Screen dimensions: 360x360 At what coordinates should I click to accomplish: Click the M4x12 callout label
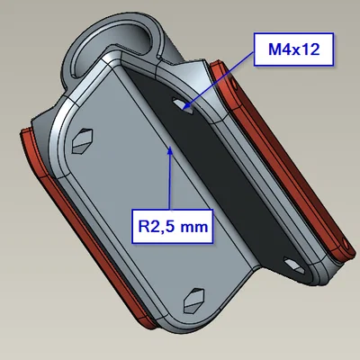[293, 49]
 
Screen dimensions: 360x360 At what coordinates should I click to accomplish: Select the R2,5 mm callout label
[173, 226]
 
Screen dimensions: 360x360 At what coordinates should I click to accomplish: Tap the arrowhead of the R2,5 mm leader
[170, 149]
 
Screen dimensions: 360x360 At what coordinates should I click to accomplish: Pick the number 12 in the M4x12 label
[310, 49]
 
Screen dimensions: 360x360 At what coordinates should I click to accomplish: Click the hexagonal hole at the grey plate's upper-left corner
[82, 141]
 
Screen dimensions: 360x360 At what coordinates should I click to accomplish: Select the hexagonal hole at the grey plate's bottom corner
[193, 301]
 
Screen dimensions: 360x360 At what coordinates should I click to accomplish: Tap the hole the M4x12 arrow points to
[183, 106]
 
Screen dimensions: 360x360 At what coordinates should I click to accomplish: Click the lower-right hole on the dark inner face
[294, 265]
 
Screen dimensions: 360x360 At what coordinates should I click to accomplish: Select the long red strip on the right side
[282, 162]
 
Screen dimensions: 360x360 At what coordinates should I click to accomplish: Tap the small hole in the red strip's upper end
[234, 84]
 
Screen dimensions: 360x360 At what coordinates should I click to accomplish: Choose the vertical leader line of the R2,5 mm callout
[170, 179]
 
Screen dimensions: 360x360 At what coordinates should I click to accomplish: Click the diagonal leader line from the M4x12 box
[219, 79]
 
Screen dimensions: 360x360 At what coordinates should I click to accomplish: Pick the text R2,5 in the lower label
[157, 227]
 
